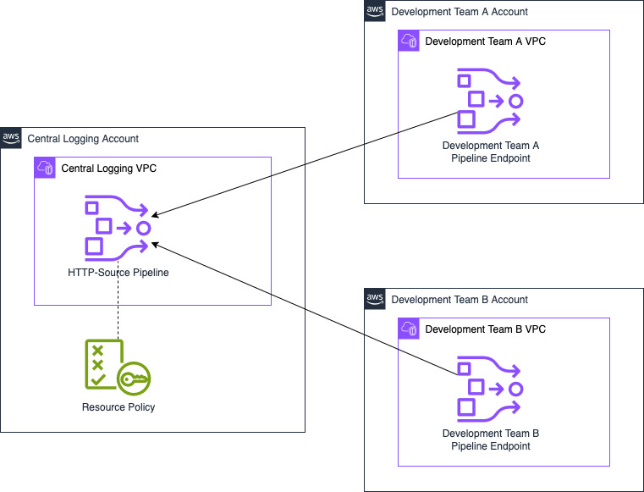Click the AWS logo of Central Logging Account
(x=11, y=138)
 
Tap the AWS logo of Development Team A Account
(x=375, y=11)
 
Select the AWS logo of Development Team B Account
(x=375, y=299)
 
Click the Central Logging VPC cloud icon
(x=45, y=168)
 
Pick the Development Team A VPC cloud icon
(x=409, y=41)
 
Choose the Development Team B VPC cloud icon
(x=409, y=329)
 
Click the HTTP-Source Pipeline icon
(x=118, y=228)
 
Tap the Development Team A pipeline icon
(x=490, y=101)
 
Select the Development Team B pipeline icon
(x=490, y=389)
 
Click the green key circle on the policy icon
(x=134, y=379)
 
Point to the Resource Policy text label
(x=118, y=407)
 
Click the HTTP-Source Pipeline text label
(x=118, y=273)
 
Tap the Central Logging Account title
(x=83, y=139)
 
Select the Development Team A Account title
(x=460, y=12)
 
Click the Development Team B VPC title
(x=485, y=329)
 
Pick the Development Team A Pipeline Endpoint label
(x=490, y=152)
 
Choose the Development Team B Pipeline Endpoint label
(x=490, y=439)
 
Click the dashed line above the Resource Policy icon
(x=118, y=301)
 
